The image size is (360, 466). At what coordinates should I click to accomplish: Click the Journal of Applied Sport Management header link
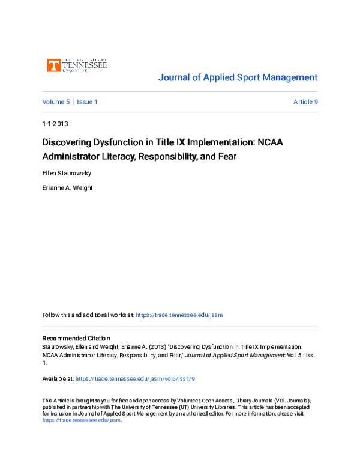point(237,77)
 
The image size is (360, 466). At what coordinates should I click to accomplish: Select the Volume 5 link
point(56,102)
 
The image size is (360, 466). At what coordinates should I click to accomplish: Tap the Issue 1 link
point(87,102)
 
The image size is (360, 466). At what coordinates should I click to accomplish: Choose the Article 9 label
point(305,102)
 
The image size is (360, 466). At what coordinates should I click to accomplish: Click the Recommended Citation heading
point(76,338)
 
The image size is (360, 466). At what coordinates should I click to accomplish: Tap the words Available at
point(58,379)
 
